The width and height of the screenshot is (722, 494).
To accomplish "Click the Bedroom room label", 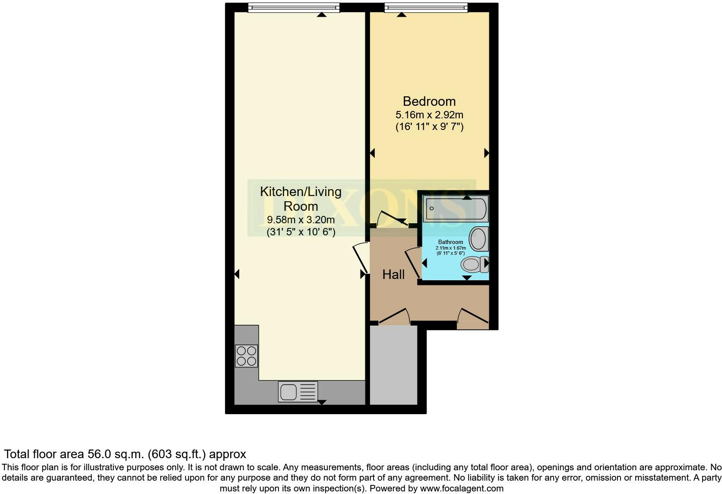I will click(x=429, y=101).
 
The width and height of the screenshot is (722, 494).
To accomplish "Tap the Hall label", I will click(x=393, y=275).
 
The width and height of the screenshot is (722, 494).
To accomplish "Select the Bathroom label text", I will click(x=450, y=242).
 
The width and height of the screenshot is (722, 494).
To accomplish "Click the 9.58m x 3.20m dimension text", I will click(x=301, y=220).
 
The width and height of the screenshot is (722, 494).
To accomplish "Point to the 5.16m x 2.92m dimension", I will click(x=429, y=115).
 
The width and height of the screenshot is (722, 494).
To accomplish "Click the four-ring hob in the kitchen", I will click(x=247, y=356).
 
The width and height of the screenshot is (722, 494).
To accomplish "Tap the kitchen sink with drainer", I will click(x=298, y=392).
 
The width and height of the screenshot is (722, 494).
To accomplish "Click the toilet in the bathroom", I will click(x=474, y=264).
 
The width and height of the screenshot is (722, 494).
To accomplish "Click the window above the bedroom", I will click(x=426, y=7).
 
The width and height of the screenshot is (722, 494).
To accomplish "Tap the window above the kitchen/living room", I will click(x=294, y=7).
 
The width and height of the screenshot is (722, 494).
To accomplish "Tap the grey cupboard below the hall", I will click(x=394, y=365).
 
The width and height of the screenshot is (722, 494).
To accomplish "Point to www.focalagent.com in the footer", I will click(x=462, y=489).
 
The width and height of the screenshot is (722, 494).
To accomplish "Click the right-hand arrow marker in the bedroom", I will click(x=486, y=153).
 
